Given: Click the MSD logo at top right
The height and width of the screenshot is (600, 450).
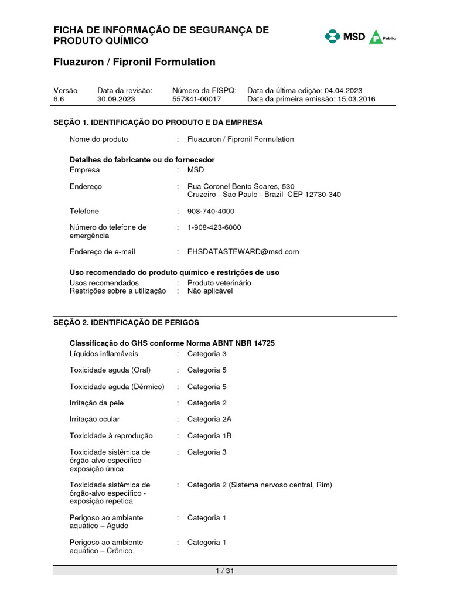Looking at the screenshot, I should point(345,37).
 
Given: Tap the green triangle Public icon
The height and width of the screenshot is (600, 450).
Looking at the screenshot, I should point(376,37).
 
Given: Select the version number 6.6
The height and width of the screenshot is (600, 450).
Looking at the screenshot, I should point(59,100).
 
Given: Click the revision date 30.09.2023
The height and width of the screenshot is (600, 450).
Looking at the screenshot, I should point(116,100).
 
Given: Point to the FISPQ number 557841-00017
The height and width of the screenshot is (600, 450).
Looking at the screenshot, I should point(196,100).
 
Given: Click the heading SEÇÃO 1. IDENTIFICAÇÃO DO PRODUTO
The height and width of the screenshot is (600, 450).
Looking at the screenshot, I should point(158,122).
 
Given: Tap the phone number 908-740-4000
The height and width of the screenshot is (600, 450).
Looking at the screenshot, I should point(210,211).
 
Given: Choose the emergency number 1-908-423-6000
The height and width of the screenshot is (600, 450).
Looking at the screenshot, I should point(214,227).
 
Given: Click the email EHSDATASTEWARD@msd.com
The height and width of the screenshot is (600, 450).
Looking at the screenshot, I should point(243,252).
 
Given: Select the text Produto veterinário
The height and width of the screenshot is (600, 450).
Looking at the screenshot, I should point(219,283).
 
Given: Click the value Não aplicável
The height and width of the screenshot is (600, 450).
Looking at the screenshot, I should point(210,291).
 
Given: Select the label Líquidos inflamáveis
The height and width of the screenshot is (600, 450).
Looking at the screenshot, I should point(104,354).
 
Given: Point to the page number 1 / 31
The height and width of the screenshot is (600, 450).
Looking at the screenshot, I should point(225,571).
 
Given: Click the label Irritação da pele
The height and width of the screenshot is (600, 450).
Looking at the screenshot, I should point(97,403).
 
